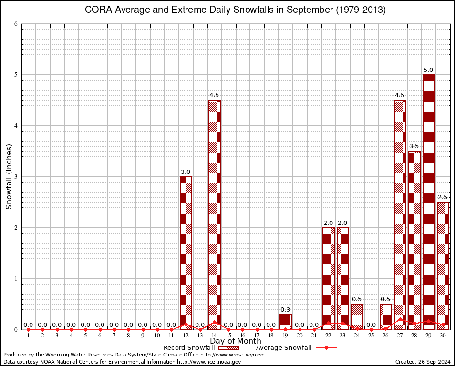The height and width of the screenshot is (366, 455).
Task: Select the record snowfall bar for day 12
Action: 186,253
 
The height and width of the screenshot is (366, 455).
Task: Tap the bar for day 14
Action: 215,214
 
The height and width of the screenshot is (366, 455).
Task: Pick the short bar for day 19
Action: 286,322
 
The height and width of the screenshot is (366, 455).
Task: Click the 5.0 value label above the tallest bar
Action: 428,70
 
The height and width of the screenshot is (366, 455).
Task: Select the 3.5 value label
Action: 414,146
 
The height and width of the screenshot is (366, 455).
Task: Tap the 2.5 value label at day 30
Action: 443,197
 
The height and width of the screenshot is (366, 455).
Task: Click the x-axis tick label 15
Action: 228,336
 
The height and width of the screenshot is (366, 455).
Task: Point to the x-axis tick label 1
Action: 28,336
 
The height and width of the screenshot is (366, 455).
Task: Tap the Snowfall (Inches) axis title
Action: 9,177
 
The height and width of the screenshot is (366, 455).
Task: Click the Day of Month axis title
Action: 236,341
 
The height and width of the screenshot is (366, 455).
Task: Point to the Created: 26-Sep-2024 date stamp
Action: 422,362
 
